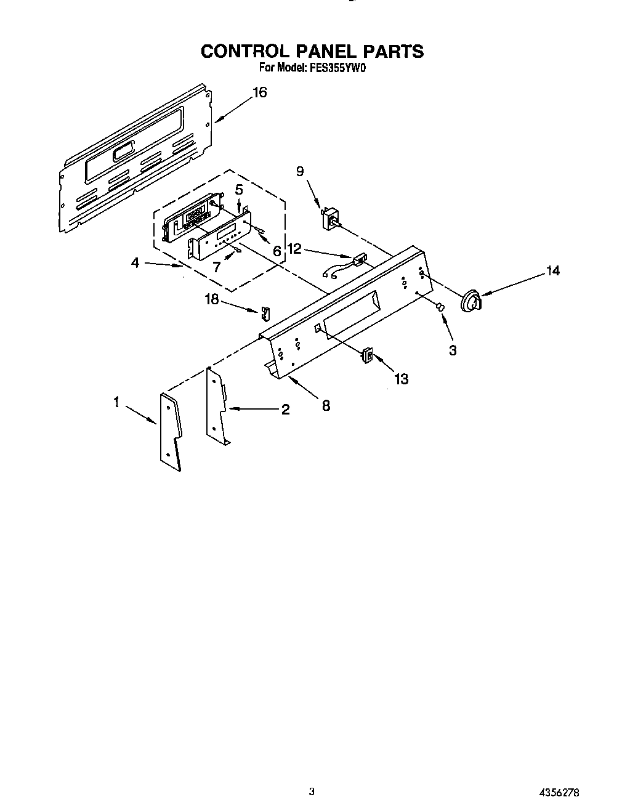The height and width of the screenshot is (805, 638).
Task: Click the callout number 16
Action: (x=260, y=92)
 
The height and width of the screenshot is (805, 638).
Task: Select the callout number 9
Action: (x=300, y=171)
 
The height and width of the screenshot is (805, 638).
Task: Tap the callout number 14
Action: (x=553, y=270)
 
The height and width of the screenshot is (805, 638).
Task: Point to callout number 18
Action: (x=212, y=299)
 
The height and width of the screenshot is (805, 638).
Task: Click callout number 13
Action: (x=401, y=379)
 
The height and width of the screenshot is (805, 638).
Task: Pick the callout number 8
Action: (x=326, y=405)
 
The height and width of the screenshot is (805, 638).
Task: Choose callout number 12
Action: (x=295, y=248)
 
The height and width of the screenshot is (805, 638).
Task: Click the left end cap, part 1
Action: (x=171, y=431)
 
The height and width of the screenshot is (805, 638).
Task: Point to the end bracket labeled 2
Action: (x=217, y=407)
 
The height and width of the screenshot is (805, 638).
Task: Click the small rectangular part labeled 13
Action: (x=368, y=355)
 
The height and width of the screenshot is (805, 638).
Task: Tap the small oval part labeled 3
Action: (x=440, y=307)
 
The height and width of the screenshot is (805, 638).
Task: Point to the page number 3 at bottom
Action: (x=312, y=791)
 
